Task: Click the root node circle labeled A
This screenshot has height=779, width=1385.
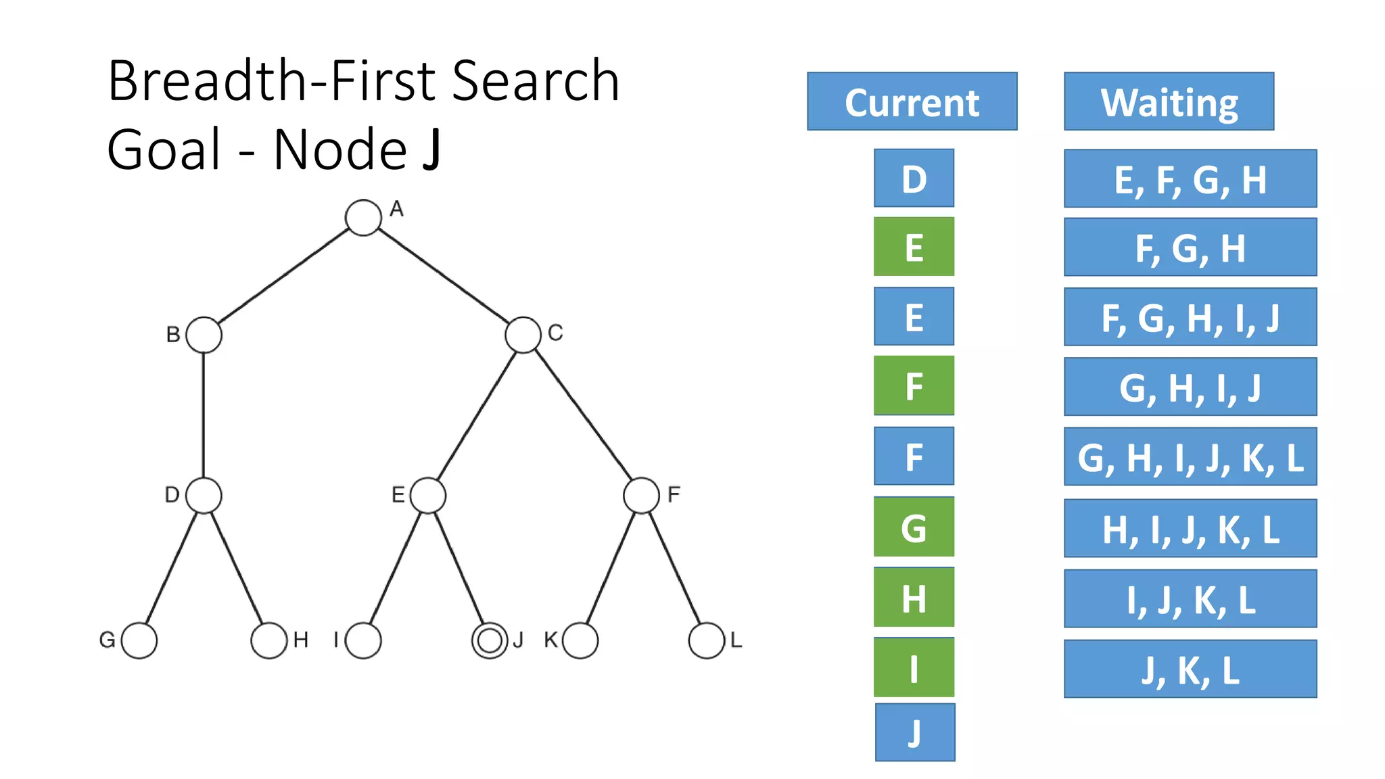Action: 363,218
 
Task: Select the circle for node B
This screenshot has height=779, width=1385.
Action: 204,335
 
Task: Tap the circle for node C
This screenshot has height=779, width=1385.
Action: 523,335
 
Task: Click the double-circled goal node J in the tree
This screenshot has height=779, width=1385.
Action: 490,640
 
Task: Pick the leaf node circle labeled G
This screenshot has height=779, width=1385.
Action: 139,640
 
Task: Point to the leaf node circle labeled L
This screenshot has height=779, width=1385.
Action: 707,640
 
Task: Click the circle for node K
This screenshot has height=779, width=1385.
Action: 580,640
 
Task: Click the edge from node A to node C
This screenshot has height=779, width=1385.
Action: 443,276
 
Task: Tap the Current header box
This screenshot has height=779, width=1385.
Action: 912,101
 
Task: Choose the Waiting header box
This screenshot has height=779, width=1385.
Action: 1169,101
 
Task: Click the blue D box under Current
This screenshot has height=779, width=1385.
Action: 914,179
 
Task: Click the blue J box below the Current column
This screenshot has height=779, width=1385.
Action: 915,732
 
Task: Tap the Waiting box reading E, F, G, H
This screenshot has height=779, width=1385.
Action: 1190,179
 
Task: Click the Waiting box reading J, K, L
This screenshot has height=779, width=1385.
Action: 1190,669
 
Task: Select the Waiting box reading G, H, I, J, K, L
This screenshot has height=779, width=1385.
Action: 1190,456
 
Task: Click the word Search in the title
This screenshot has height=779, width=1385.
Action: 535,80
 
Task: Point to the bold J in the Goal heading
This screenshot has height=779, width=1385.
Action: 431,149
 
